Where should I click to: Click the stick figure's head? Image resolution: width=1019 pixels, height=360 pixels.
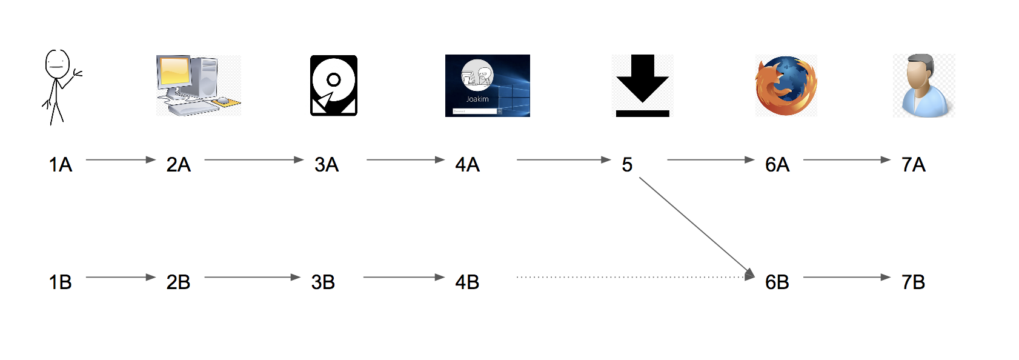click(57, 64)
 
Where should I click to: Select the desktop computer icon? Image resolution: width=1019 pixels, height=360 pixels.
click(198, 85)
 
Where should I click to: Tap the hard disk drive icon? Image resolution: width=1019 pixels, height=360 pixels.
click(333, 85)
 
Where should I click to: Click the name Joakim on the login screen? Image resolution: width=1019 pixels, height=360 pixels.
click(477, 99)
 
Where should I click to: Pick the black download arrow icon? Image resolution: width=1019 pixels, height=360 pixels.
click(642, 85)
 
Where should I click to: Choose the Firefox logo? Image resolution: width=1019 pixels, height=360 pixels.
click(786, 86)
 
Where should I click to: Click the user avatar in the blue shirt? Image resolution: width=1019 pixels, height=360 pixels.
click(923, 85)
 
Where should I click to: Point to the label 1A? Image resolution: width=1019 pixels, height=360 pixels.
click(61, 164)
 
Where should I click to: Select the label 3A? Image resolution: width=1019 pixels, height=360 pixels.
click(327, 164)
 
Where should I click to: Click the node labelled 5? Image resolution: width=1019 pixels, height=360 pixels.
click(627, 164)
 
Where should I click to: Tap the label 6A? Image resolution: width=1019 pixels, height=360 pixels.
click(777, 164)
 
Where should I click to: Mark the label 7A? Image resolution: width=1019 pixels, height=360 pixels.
click(914, 164)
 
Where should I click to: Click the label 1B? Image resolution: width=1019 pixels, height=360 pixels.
click(61, 282)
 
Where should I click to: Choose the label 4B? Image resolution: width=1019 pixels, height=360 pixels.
click(467, 282)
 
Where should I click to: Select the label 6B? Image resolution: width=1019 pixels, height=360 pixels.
click(777, 282)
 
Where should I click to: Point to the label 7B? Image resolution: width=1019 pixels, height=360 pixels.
click(914, 282)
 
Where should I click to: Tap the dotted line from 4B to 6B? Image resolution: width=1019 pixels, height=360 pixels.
click(630, 277)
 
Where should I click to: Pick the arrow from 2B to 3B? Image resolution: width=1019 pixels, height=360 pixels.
click(251, 278)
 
